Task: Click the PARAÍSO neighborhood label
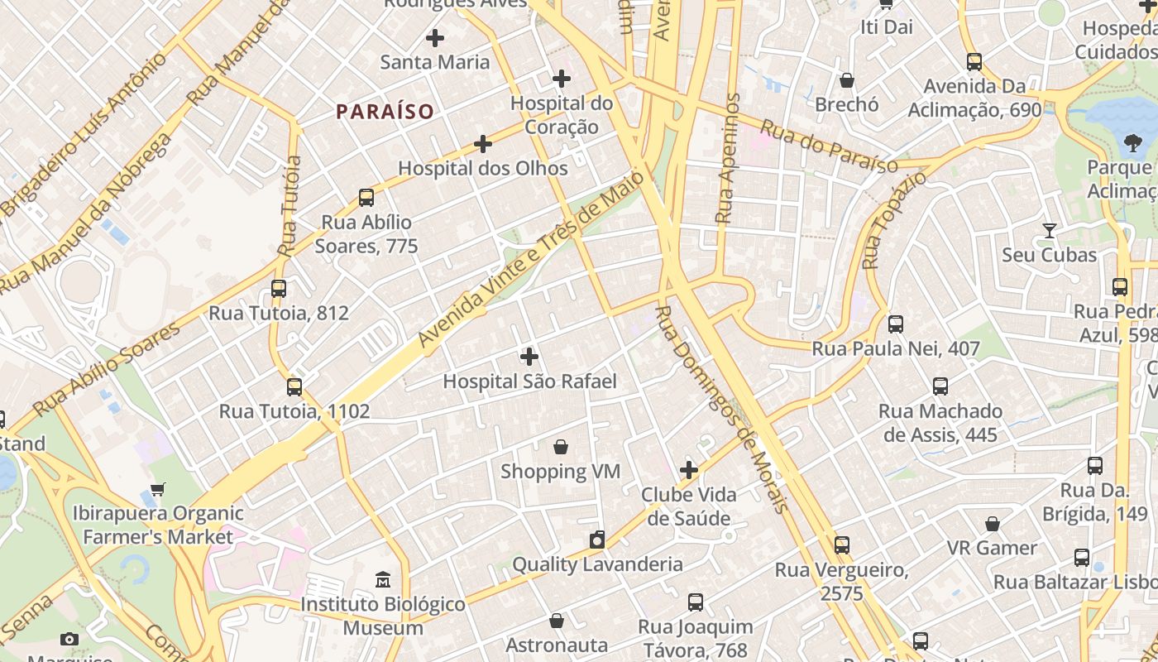click(x=385, y=112)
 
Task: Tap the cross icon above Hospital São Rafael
click(x=529, y=357)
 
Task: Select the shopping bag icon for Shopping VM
click(x=561, y=447)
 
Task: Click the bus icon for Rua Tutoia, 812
click(x=279, y=289)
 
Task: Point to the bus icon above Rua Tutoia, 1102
click(x=294, y=387)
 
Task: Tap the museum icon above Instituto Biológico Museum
click(x=382, y=580)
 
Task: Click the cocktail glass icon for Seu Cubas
click(x=1050, y=231)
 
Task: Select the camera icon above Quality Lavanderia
click(x=597, y=540)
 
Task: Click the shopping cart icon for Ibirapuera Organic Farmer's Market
click(x=158, y=489)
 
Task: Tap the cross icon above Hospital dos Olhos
click(x=483, y=145)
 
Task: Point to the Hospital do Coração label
click(x=562, y=115)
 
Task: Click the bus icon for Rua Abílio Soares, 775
click(x=366, y=198)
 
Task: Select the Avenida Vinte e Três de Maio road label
click(x=530, y=260)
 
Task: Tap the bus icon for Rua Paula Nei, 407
click(x=896, y=324)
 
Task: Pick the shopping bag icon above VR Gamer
click(x=993, y=524)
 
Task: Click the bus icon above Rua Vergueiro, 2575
click(x=842, y=545)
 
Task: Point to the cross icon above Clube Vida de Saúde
click(x=689, y=471)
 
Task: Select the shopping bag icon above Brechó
click(x=847, y=80)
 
